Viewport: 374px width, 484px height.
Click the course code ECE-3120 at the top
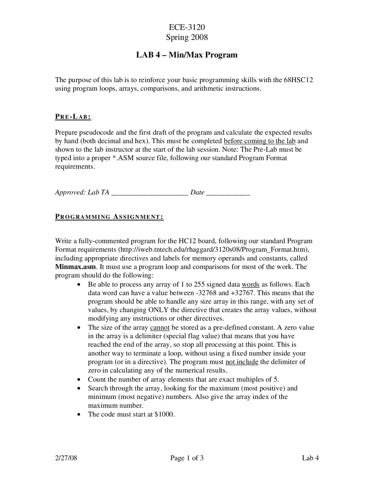click(187, 27)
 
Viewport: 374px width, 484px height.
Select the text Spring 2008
click(187, 37)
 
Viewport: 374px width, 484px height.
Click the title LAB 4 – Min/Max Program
click(187, 55)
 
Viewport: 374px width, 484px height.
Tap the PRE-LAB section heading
click(73, 117)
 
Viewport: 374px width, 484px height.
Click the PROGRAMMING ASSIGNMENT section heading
click(109, 217)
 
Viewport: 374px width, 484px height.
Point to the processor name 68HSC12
click(298, 80)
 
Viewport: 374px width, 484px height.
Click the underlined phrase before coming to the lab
click(259, 141)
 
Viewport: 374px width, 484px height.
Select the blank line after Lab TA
click(150, 193)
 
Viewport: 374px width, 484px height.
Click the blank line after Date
click(228, 193)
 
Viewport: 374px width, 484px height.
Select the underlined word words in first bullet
click(250, 285)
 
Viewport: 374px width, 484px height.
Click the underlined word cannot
click(160, 328)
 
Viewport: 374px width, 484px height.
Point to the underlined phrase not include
click(242, 362)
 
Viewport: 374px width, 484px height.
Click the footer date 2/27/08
click(66, 458)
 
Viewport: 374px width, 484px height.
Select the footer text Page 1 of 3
click(187, 458)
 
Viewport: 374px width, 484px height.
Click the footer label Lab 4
click(310, 458)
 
